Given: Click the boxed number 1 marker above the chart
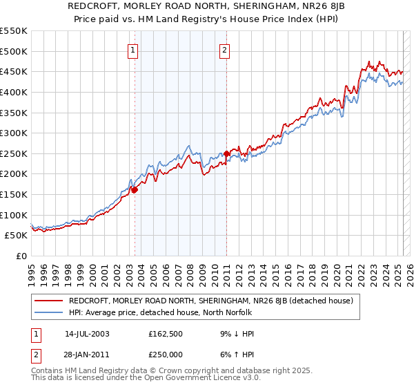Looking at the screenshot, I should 132,49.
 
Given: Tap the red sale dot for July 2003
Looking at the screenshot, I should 135,189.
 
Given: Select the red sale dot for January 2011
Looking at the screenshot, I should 227,153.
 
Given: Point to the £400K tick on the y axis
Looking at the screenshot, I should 14,92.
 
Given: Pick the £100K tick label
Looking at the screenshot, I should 14,215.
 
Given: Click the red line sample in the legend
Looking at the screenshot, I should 48,301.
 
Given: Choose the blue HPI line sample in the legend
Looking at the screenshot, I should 48,312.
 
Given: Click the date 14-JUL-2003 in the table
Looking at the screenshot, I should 87,333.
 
